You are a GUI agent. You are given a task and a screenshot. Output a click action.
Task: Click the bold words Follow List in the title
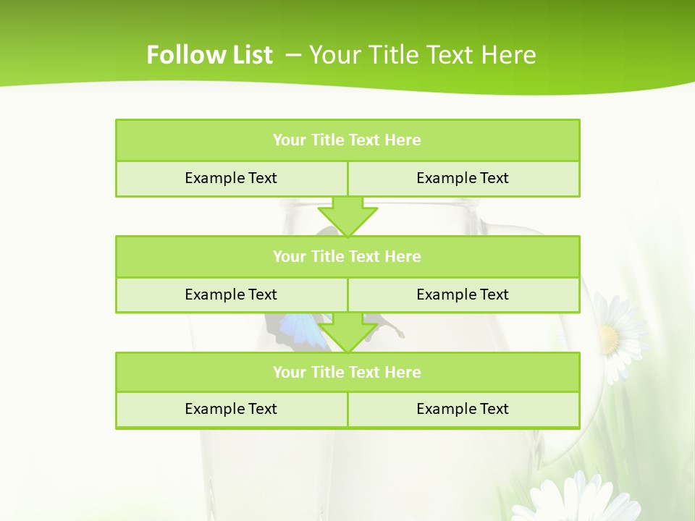[x=209, y=55]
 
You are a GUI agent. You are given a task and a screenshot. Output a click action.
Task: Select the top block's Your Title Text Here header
[x=347, y=140]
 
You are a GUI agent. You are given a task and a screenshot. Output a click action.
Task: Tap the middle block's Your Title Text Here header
[x=347, y=256]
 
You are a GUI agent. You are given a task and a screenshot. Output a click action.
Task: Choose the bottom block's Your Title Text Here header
[x=347, y=372]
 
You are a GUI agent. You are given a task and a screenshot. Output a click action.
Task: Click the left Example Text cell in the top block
[x=231, y=178]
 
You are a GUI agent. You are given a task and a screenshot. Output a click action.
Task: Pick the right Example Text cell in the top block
[x=463, y=178]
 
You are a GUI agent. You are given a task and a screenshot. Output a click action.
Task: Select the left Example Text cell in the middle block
[x=231, y=295]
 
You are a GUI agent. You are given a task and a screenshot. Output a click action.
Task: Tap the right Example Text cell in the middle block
[x=463, y=295]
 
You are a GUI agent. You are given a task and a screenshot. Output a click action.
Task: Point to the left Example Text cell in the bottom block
[x=231, y=409]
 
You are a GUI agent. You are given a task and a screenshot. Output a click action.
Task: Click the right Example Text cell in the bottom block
[x=463, y=409]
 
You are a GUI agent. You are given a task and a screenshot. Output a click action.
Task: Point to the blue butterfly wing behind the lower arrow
[x=300, y=329]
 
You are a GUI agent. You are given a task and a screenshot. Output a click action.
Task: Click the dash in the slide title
[x=293, y=55]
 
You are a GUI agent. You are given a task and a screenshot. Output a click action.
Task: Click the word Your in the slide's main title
[x=332, y=55]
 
